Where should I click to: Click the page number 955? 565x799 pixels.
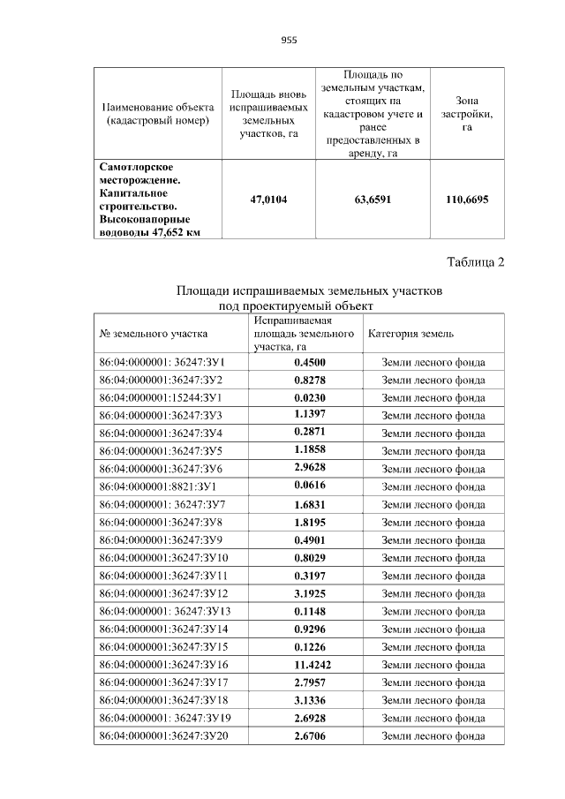tap(289, 40)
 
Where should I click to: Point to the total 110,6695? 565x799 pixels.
tap(467, 200)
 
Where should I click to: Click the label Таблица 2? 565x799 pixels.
tap(477, 262)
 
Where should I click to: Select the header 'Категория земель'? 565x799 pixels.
tap(411, 334)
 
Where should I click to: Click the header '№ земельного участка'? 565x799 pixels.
tap(154, 334)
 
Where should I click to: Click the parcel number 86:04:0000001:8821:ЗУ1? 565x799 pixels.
tap(158, 486)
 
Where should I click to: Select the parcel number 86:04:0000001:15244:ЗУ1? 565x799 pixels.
tap(161, 397)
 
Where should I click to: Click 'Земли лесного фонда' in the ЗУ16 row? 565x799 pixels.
tap(433, 664)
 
